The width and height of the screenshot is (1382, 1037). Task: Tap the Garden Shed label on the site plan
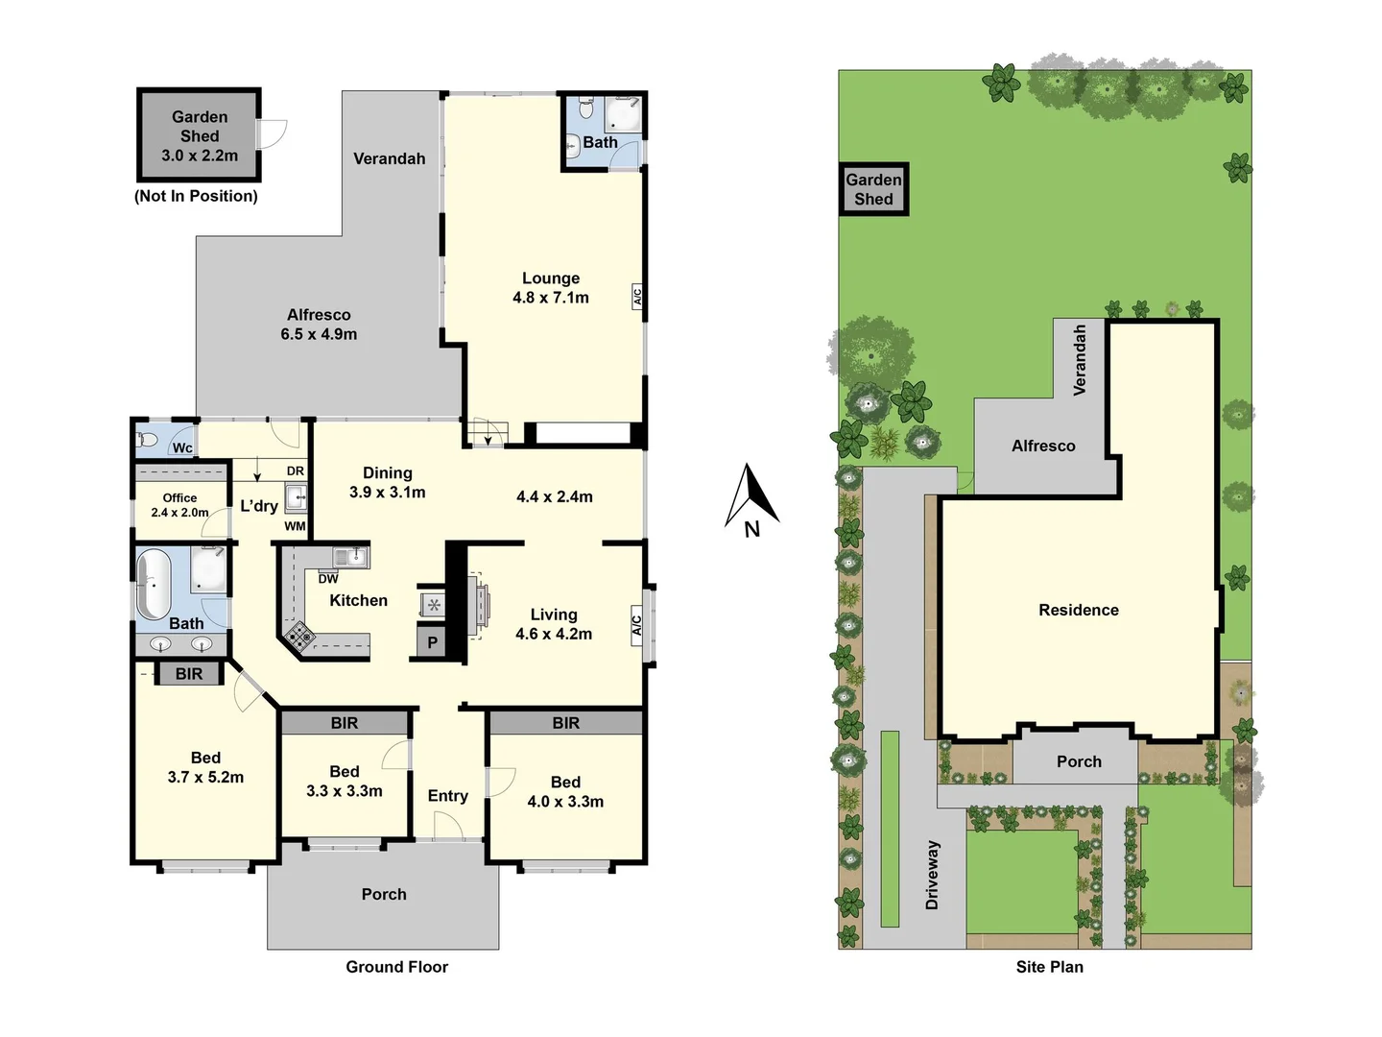pos(873,189)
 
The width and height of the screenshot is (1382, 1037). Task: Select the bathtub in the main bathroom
pos(153,585)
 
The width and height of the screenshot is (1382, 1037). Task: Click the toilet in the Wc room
pos(147,440)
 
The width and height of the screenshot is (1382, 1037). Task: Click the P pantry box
pos(432,642)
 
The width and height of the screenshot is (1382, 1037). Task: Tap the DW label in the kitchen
pos(328,579)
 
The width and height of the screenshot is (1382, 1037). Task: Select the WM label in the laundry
pos(295,526)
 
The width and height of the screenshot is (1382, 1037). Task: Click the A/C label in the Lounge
pos(636,297)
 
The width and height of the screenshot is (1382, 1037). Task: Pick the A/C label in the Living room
pos(636,625)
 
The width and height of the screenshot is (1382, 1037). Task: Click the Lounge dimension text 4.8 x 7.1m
pos(551,298)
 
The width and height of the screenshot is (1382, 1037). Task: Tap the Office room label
pos(179,497)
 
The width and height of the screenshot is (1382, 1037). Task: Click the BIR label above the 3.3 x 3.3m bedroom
pos(345,723)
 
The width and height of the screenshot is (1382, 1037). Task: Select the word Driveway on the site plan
pos(932,875)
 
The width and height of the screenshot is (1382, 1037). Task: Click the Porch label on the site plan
pos(1079,761)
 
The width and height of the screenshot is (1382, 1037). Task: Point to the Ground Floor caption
pos(396,967)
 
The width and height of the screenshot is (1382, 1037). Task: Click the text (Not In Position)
pos(196,196)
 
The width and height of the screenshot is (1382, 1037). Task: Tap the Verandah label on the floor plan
pos(389,158)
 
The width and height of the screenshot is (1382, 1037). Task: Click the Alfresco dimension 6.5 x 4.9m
pos(319,334)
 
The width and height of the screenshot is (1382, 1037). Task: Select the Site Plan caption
pos(1049,967)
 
